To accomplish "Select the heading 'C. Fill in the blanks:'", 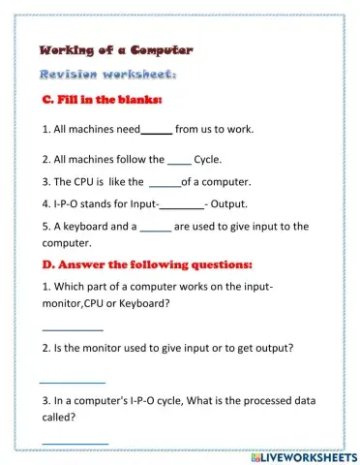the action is pyautogui.click(x=102, y=101).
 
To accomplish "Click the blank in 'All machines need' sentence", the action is pyautogui.click(x=157, y=132).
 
